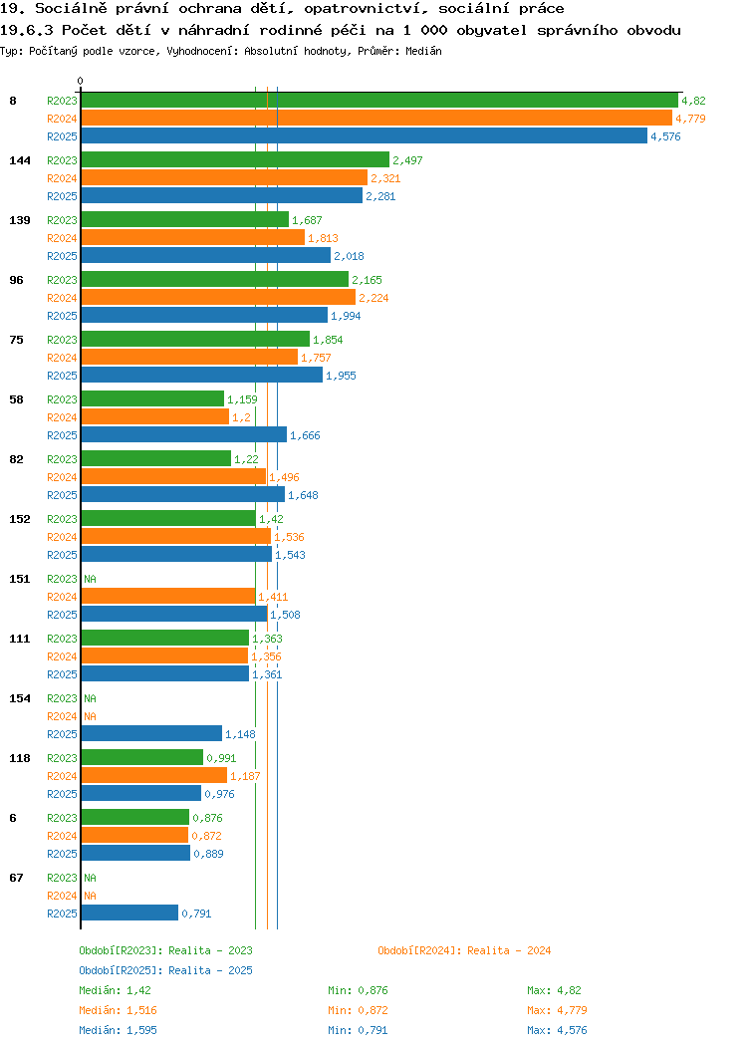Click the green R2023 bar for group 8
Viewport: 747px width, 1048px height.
379,101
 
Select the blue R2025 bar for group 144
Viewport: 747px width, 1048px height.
222,196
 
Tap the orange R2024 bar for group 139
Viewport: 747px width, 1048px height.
193,238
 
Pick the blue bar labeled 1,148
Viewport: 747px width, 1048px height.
151,734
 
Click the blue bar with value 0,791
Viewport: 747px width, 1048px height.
129,913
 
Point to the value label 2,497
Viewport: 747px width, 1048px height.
407,160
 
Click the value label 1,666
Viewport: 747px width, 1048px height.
305,435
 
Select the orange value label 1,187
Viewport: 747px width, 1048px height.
245,777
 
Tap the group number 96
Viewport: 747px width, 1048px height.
16,280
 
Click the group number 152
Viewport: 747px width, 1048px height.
19,519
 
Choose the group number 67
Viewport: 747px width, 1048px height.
16,878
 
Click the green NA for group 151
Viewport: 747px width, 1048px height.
91,579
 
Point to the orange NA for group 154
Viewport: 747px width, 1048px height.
91,716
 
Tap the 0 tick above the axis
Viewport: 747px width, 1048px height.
81,81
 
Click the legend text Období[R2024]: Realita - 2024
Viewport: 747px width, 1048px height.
464,950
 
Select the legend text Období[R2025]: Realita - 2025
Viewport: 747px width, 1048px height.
165,970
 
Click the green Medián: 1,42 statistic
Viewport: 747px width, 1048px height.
115,990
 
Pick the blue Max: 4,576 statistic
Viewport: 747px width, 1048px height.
557,1031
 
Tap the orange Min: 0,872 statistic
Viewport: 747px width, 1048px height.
358,1010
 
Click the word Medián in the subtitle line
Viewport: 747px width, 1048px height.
423,51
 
